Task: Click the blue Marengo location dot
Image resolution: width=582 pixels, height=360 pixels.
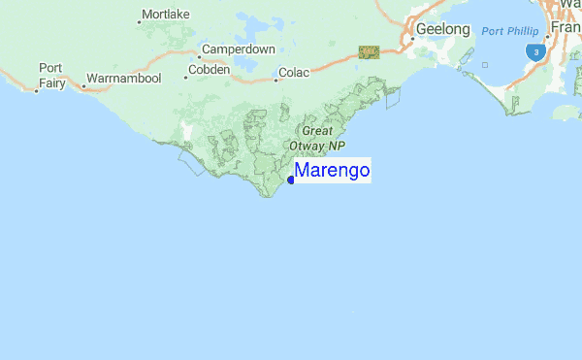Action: point(291,180)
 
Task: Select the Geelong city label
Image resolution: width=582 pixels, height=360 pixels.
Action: point(443,30)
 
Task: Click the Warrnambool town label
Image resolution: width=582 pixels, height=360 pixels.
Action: point(123,78)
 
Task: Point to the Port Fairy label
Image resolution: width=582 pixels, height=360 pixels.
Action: point(50,75)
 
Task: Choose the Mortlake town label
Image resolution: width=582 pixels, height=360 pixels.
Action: point(165,15)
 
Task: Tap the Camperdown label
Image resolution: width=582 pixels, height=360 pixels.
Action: point(239,49)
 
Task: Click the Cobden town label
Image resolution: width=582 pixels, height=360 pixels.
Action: point(210,70)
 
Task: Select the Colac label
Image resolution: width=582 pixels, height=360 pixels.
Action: point(293,72)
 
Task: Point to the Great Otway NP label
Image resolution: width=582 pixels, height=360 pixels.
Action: point(317,138)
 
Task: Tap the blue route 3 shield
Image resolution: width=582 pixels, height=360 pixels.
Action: point(534,51)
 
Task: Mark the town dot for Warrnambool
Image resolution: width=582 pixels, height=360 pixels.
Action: point(83,86)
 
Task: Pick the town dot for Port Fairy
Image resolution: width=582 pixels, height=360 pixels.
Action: point(37,90)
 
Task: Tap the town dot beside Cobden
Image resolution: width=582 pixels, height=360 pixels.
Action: point(185,78)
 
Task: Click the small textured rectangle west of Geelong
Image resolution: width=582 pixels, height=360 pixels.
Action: point(369,51)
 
